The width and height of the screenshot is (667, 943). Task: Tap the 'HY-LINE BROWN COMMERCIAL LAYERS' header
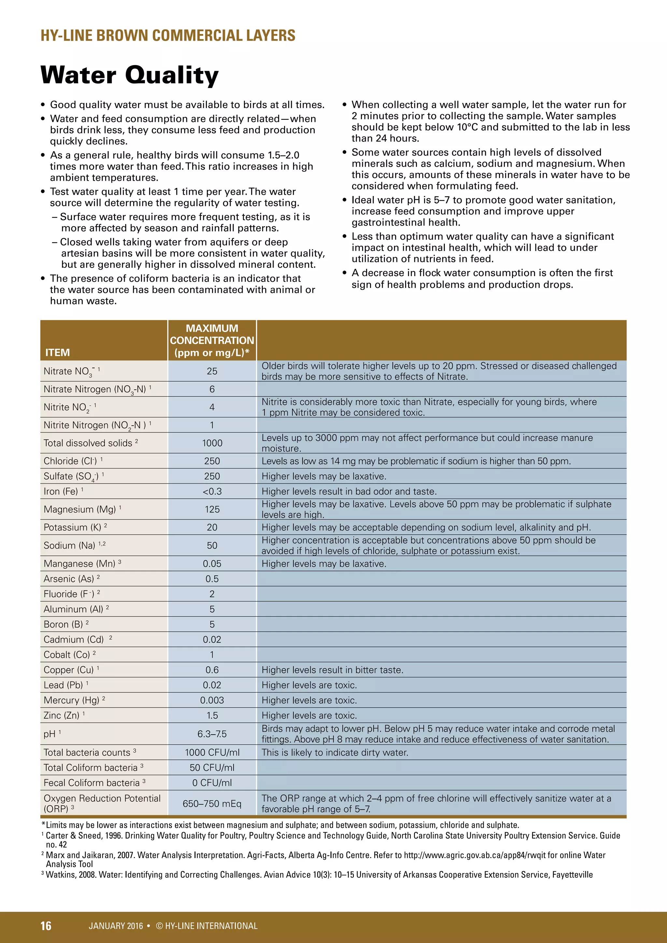tap(168, 36)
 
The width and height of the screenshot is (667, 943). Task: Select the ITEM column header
tap(58, 352)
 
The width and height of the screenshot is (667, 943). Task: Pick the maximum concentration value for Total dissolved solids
tap(212, 443)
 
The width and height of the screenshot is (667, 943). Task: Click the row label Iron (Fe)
tap(61, 492)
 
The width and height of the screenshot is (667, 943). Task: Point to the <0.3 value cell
tap(212, 492)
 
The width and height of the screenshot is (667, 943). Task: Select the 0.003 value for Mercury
tap(212, 700)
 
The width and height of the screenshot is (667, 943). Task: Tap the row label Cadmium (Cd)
tap(74, 640)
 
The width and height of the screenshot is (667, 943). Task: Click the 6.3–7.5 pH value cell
tap(212, 734)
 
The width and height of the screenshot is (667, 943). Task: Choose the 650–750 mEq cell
tap(212, 804)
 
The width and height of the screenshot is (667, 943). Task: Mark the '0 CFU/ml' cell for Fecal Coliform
tap(212, 783)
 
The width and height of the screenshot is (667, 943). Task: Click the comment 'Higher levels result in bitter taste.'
tap(332, 670)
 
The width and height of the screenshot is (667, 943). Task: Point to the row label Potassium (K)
tap(72, 528)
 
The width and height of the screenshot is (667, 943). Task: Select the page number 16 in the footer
tap(46, 926)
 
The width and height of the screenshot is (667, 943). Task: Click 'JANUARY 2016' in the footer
tap(116, 926)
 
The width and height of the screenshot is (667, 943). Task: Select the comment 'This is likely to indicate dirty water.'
tap(335, 753)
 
